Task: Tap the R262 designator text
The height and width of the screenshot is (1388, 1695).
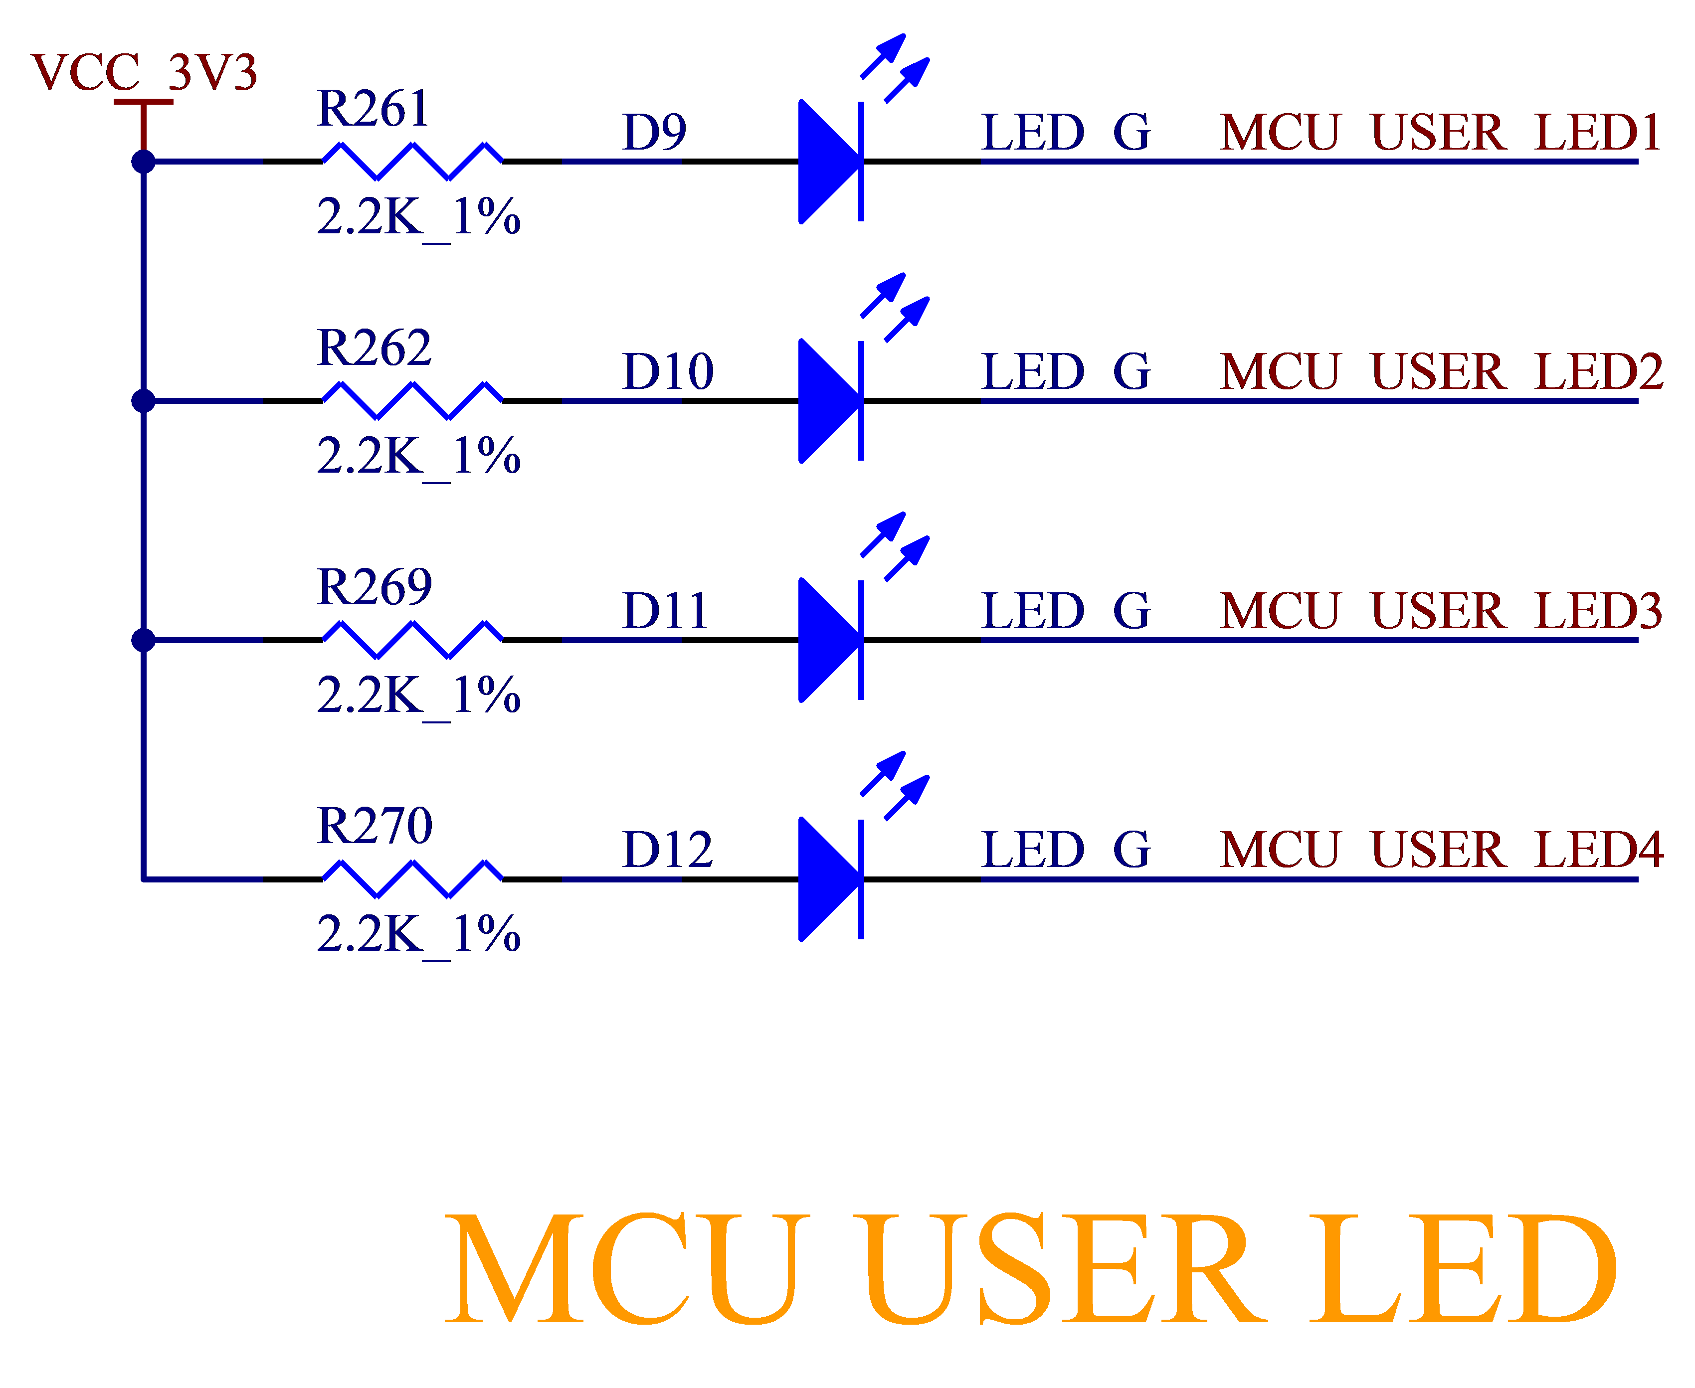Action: click(374, 348)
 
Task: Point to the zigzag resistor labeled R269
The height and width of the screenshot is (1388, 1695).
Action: click(412, 640)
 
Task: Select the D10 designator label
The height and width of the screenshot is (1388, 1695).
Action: click(668, 372)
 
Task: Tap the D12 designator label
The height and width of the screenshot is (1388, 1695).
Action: click(668, 850)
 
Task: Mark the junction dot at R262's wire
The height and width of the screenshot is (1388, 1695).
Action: click(144, 400)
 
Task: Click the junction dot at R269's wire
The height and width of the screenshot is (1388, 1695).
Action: click(144, 640)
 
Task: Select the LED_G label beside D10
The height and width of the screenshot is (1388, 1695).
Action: click(1066, 372)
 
